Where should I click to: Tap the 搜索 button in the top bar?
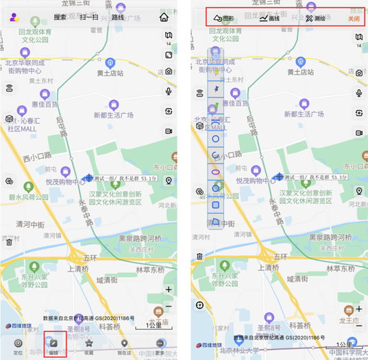60,17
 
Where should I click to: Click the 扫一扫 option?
89,17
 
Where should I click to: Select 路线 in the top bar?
118,17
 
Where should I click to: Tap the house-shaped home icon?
164,17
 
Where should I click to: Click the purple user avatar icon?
14,17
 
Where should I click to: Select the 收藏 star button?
89,346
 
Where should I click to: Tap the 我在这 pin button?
124,346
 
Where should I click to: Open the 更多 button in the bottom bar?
160,346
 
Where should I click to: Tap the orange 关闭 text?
353,18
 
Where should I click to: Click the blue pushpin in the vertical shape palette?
216,88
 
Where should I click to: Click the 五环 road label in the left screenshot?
90,258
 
